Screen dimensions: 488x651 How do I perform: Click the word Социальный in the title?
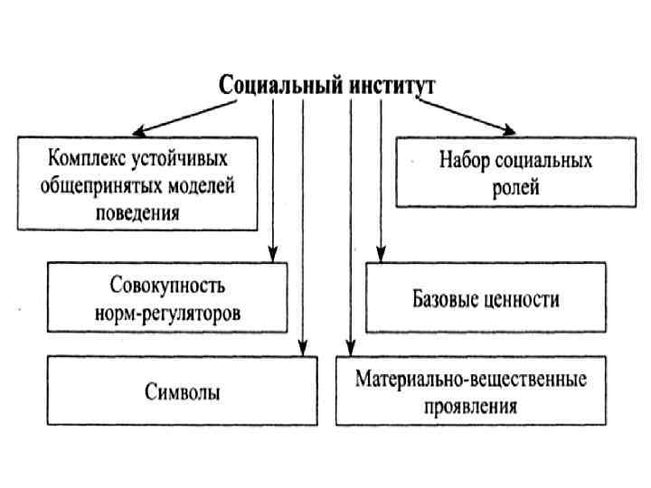279,86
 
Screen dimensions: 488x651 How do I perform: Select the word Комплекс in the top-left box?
84,160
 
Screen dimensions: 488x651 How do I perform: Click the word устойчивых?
176,160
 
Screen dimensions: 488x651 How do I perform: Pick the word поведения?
137,213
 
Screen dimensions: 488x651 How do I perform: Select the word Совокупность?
167,286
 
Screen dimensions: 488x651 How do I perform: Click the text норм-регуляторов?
167,313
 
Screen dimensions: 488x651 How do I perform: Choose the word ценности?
522,298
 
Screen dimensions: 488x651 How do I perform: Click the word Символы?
182,392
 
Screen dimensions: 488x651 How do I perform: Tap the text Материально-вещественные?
470,379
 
